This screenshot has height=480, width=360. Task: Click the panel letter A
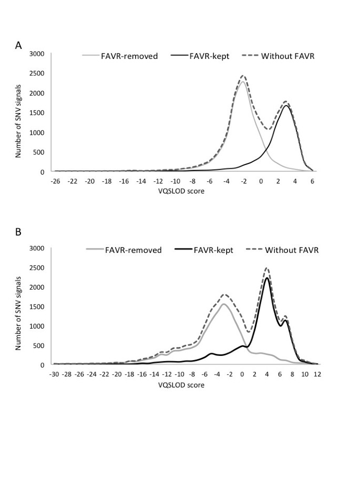[18, 46]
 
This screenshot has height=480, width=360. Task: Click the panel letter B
[18, 232]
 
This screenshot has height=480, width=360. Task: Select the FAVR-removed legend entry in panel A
[129, 56]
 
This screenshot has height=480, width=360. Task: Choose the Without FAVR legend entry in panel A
[287, 56]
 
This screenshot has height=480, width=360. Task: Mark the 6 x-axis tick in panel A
[312, 181]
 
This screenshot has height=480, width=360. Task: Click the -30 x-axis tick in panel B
[54, 374]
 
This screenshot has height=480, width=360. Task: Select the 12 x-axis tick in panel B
[317, 374]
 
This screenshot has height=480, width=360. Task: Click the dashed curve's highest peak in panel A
[243, 76]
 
